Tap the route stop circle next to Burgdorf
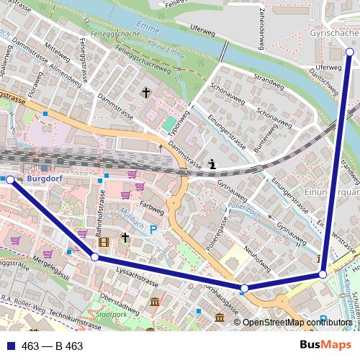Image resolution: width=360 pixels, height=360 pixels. point(10,180)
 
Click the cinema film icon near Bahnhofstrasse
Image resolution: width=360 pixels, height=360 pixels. point(104,241)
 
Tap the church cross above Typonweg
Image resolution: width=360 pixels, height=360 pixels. point(146,92)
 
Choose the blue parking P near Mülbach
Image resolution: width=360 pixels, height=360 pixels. point(153,230)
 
